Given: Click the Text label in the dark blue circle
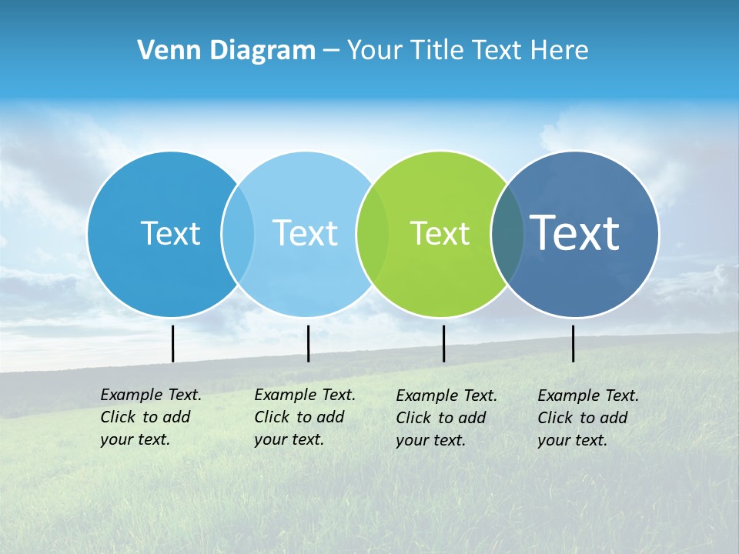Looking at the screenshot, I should coord(575,232).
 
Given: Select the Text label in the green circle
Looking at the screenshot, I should coord(440,233).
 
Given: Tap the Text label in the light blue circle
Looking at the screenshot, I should coord(305,233).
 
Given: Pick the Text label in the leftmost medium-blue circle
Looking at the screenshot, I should coord(170,233).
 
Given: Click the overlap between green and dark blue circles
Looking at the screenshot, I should coord(507,233).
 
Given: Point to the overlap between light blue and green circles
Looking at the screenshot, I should coord(373,233).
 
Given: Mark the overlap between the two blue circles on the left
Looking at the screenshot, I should coord(238,233).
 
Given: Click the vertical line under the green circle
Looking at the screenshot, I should coord(443,343).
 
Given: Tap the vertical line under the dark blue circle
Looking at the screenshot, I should coord(573,343).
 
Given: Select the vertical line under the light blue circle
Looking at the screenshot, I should coord(308,343).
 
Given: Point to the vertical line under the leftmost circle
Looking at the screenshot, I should coord(172,343).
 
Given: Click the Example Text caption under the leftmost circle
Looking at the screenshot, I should coord(150,417).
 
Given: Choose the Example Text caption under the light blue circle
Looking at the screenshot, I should coord(304,417).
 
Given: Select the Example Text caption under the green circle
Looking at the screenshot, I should coord(446,418).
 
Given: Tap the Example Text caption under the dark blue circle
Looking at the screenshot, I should coord(587,418).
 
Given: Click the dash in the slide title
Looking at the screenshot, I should coord(331,51).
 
